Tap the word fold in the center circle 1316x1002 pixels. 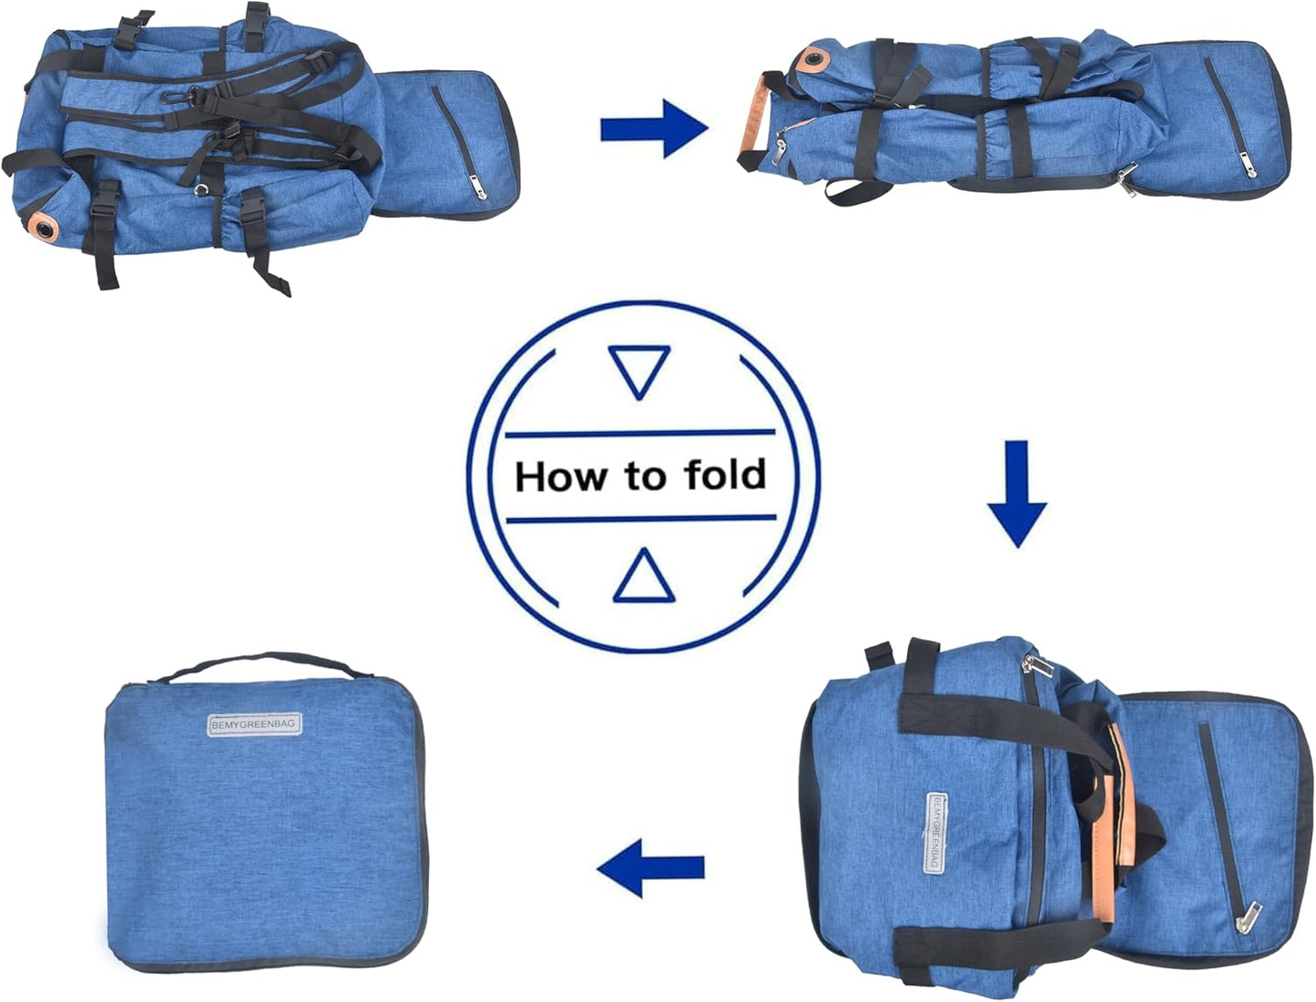click(x=725, y=475)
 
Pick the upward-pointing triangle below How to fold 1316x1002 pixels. click(x=644, y=578)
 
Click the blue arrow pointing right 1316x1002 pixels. click(x=654, y=129)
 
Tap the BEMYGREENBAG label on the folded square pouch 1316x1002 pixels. click(x=254, y=725)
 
